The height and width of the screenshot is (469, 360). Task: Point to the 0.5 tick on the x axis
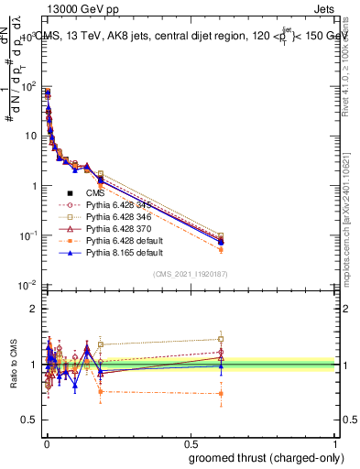[x=191, y=443]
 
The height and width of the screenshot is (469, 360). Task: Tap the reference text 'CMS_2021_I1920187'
[x=191, y=274]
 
